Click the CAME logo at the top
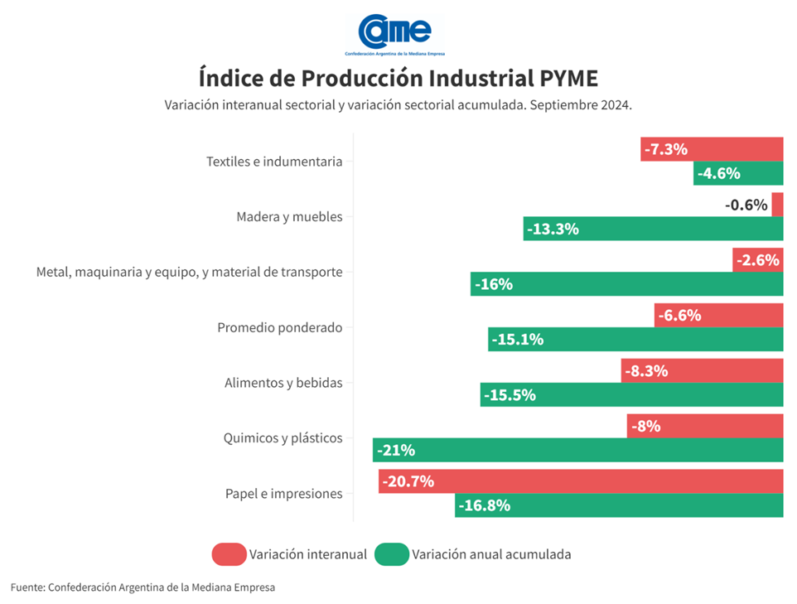(395, 33)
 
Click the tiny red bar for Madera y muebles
(777, 205)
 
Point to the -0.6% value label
(746, 205)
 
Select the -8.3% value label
(645, 371)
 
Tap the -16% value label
(494, 284)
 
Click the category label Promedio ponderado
(279, 327)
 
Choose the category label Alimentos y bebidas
(283, 383)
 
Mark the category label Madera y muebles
(288, 217)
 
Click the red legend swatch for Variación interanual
(229, 554)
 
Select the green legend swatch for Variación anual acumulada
(392, 554)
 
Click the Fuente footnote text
(142, 587)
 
